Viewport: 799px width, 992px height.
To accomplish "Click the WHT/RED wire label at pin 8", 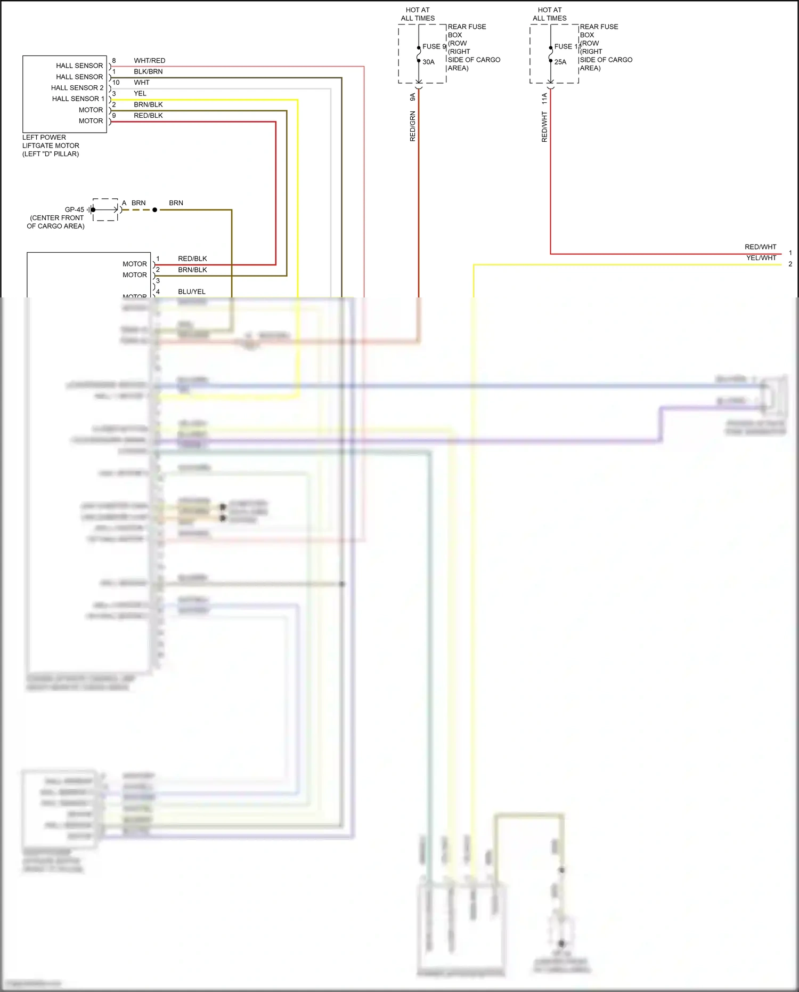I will pos(149,61).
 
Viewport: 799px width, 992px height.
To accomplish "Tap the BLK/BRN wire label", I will pos(148,71).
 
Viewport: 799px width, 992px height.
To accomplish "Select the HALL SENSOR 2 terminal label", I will pos(77,88).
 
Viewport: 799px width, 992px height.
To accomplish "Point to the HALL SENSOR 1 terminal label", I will pos(78,99).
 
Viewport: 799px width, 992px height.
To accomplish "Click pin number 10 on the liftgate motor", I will pos(116,83).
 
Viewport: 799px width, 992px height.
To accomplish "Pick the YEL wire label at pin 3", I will pos(140,93).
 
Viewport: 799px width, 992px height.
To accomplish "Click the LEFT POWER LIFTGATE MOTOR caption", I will pos(51,146).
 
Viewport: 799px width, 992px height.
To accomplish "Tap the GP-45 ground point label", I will pos(74,209).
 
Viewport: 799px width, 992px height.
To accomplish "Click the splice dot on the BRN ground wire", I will pos(155,210).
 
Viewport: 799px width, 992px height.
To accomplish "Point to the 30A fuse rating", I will pos(429,62).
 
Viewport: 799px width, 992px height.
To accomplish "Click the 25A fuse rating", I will pos(560,62).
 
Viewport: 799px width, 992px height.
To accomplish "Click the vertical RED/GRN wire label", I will pos(413,126).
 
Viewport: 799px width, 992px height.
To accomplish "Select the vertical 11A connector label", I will pos(544,98).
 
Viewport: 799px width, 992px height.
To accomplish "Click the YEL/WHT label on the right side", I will pos(761,258).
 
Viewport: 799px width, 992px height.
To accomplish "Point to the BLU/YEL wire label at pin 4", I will pos(192,292).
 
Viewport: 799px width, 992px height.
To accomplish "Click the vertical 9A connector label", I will pos(413,97).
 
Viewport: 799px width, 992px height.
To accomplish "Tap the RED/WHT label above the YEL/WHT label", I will pos(760,247).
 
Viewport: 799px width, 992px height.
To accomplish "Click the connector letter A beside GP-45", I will pos(124,203).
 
